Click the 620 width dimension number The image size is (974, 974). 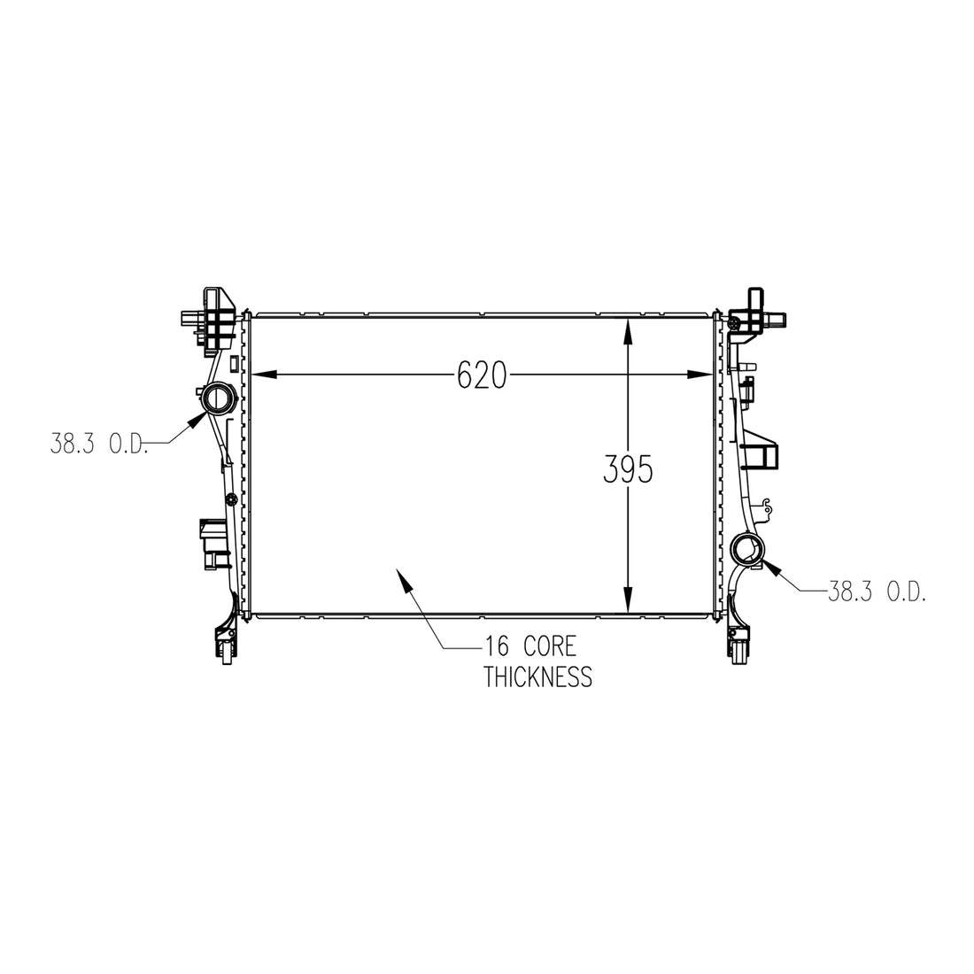point(482,375)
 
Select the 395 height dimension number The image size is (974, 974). point(628,469)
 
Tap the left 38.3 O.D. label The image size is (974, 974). point(99,444)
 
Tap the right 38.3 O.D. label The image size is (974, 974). point(877,592)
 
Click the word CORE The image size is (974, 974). point(550,646)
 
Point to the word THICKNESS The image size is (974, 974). point(538,676)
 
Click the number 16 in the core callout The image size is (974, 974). point(497,646)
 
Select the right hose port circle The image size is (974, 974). point(746,548)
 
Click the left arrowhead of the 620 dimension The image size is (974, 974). point(263,375)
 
